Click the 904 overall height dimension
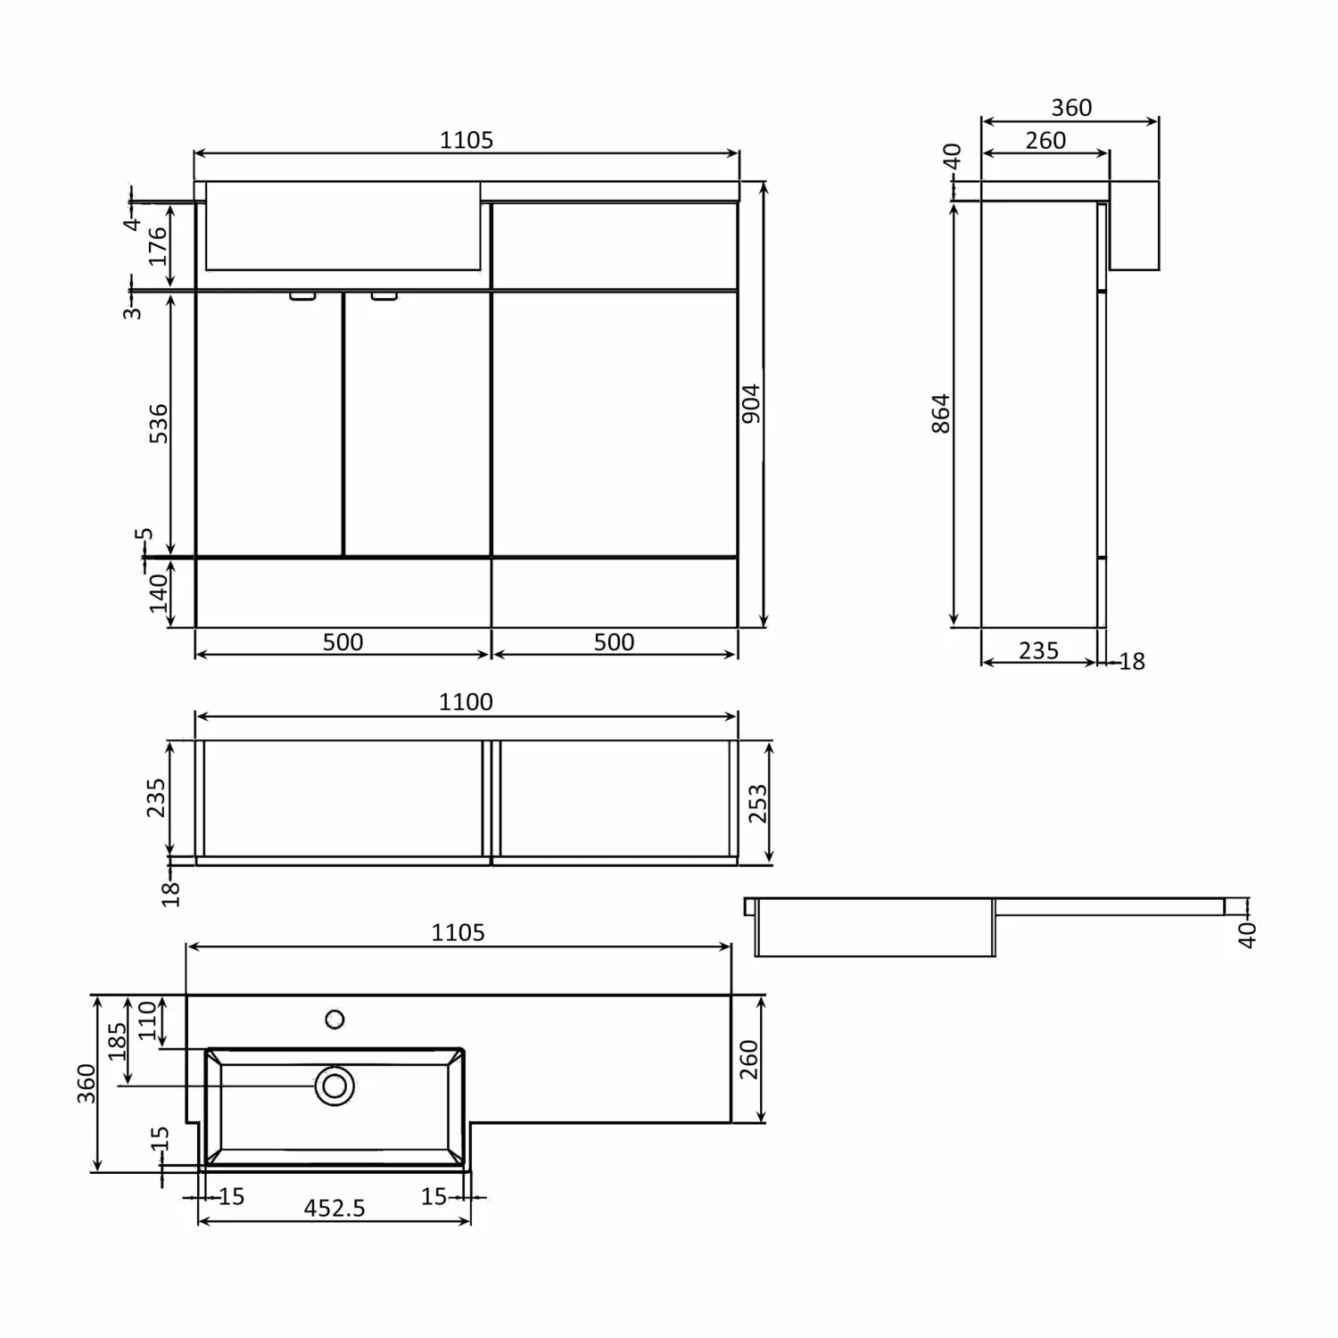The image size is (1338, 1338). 751,403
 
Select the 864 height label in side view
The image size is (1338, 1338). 941,413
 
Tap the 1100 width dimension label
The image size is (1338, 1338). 466,702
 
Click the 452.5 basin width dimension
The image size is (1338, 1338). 334,1208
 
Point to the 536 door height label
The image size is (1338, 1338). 158,424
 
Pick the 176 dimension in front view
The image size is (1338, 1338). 158,245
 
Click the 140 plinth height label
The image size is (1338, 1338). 158,592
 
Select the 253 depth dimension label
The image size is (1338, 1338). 757,803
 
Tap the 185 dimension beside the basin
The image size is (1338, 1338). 118,1041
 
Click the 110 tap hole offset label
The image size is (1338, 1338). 147,1021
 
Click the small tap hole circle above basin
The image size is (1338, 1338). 334,1019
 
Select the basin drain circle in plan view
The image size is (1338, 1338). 334,1086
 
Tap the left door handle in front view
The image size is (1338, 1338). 302,296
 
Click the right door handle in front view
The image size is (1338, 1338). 384,296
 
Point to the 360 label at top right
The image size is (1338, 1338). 1071,108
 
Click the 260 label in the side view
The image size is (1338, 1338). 1045,141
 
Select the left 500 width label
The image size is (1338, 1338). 343,642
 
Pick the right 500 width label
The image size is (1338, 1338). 614,642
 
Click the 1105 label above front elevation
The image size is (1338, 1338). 467,140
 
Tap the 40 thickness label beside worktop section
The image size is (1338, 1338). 1247,934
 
